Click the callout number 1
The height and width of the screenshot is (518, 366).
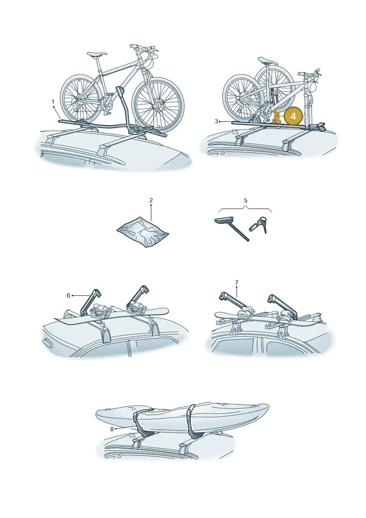tap(53, 102)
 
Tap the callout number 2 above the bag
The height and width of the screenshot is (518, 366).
tap(151, 200)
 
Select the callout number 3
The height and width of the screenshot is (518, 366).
tap(216, 121)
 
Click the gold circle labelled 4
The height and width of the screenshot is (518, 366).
tap(293, 117)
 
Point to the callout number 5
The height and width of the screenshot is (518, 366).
tap(246, 201)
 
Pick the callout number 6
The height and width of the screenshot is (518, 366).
tap(68, 295)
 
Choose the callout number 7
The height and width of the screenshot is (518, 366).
tap(237, 283)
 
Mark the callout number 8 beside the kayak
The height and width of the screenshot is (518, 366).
tap(112, 429)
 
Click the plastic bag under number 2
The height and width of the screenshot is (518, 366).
tap(143, 232)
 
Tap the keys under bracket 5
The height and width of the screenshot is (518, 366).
tap(259, 224)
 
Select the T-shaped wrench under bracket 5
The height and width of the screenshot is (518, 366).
tap(231, 228)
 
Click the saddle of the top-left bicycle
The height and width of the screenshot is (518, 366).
tap(97, 54)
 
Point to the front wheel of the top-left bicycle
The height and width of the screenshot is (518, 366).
tap(158, 104)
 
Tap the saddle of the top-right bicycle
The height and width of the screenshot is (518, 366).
tap(268, 60)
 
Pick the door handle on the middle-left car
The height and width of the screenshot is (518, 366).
tap(47, 343)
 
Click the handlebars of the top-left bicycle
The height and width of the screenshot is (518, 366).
tap(142, 50)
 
